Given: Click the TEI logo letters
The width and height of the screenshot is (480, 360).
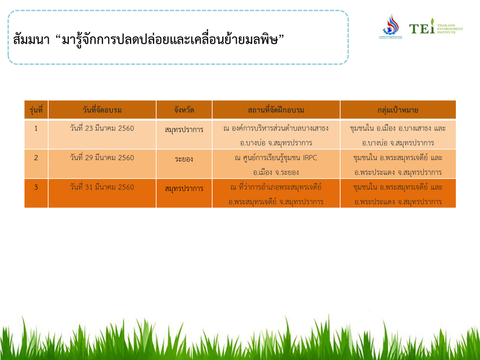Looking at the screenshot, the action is [x=422, y=27].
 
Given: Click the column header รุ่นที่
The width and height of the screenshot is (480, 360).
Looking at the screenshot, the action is [x=36, y=110].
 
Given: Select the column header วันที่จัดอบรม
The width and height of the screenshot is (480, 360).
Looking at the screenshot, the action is [x=102, y=110].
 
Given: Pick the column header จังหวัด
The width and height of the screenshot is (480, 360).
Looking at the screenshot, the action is [x=184, y=110].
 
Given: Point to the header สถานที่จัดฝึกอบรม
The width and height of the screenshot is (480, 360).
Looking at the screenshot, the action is [x=276, y=110].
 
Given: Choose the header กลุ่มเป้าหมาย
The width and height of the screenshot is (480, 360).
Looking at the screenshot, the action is [x=398, y=110].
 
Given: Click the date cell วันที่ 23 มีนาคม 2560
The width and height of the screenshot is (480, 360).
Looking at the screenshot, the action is [x=102, y=128].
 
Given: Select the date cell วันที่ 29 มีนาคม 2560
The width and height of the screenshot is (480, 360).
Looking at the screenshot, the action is [x=102, y=158].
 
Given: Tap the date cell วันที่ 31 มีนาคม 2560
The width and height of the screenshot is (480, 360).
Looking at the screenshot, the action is [x=102, y=187].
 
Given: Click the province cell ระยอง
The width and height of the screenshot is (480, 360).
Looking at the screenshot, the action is [x=184, y=159].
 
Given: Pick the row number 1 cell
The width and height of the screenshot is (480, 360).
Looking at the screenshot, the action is [x=36, y=128].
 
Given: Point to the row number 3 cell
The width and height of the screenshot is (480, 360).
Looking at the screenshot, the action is [x=36, y=187].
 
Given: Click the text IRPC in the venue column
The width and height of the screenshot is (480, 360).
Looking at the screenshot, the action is [x=310, y=158].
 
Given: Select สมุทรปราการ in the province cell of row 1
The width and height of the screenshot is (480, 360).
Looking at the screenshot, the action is [x=184, y=130].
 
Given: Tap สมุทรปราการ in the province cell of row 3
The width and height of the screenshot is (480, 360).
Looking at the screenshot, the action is [x=184, y=189].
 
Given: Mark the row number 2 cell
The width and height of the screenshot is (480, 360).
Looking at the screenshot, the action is [x=36, y=158].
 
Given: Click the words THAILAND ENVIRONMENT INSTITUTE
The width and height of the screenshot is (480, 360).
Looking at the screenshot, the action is [x=450, y=29].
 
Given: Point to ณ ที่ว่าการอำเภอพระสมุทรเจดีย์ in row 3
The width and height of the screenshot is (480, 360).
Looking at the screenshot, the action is [x=276, y=187].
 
